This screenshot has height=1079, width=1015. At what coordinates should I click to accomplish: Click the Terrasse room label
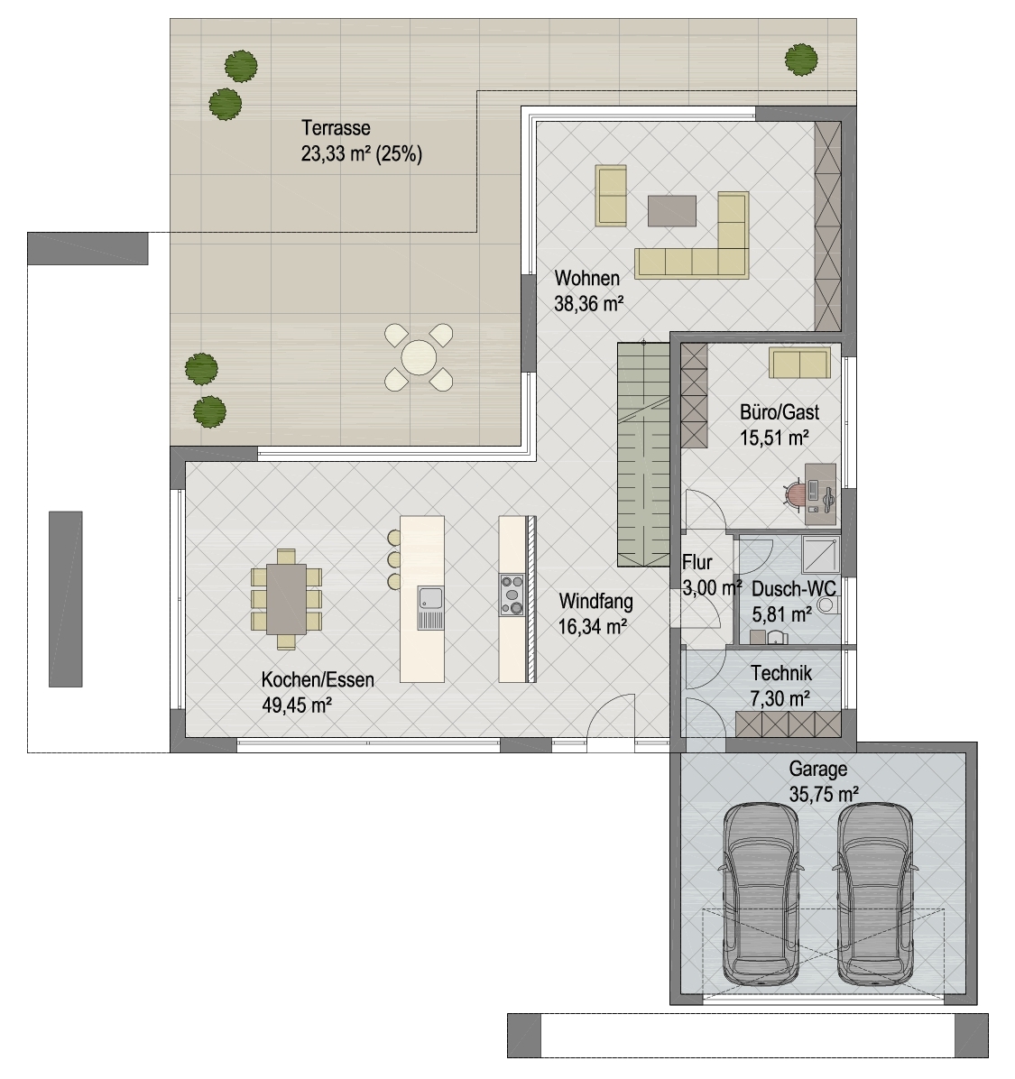click(336, 128)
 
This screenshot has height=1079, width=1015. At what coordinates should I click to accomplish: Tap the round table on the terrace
click(419, 357)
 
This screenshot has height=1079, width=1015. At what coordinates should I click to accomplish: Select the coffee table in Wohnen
click(671, 210)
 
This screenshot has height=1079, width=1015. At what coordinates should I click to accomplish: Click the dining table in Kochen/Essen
click(286, 599)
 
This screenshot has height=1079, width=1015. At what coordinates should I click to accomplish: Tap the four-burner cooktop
click(512, 595)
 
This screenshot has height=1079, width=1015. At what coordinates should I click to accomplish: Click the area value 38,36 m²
click(589, 303)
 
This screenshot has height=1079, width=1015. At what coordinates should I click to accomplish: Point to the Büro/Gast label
click(780, 412)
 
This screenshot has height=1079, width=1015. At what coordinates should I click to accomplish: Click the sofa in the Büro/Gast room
click(799, 364)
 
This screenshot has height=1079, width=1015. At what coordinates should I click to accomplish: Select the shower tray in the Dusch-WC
click(821, 555)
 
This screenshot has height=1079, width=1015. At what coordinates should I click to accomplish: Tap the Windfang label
click(596, 601)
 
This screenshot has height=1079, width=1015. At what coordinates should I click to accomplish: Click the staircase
click(643, 454)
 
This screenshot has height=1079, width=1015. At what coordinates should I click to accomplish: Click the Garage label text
click(818, 769)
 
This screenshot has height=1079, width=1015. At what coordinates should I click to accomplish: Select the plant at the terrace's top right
click(801, 60)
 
